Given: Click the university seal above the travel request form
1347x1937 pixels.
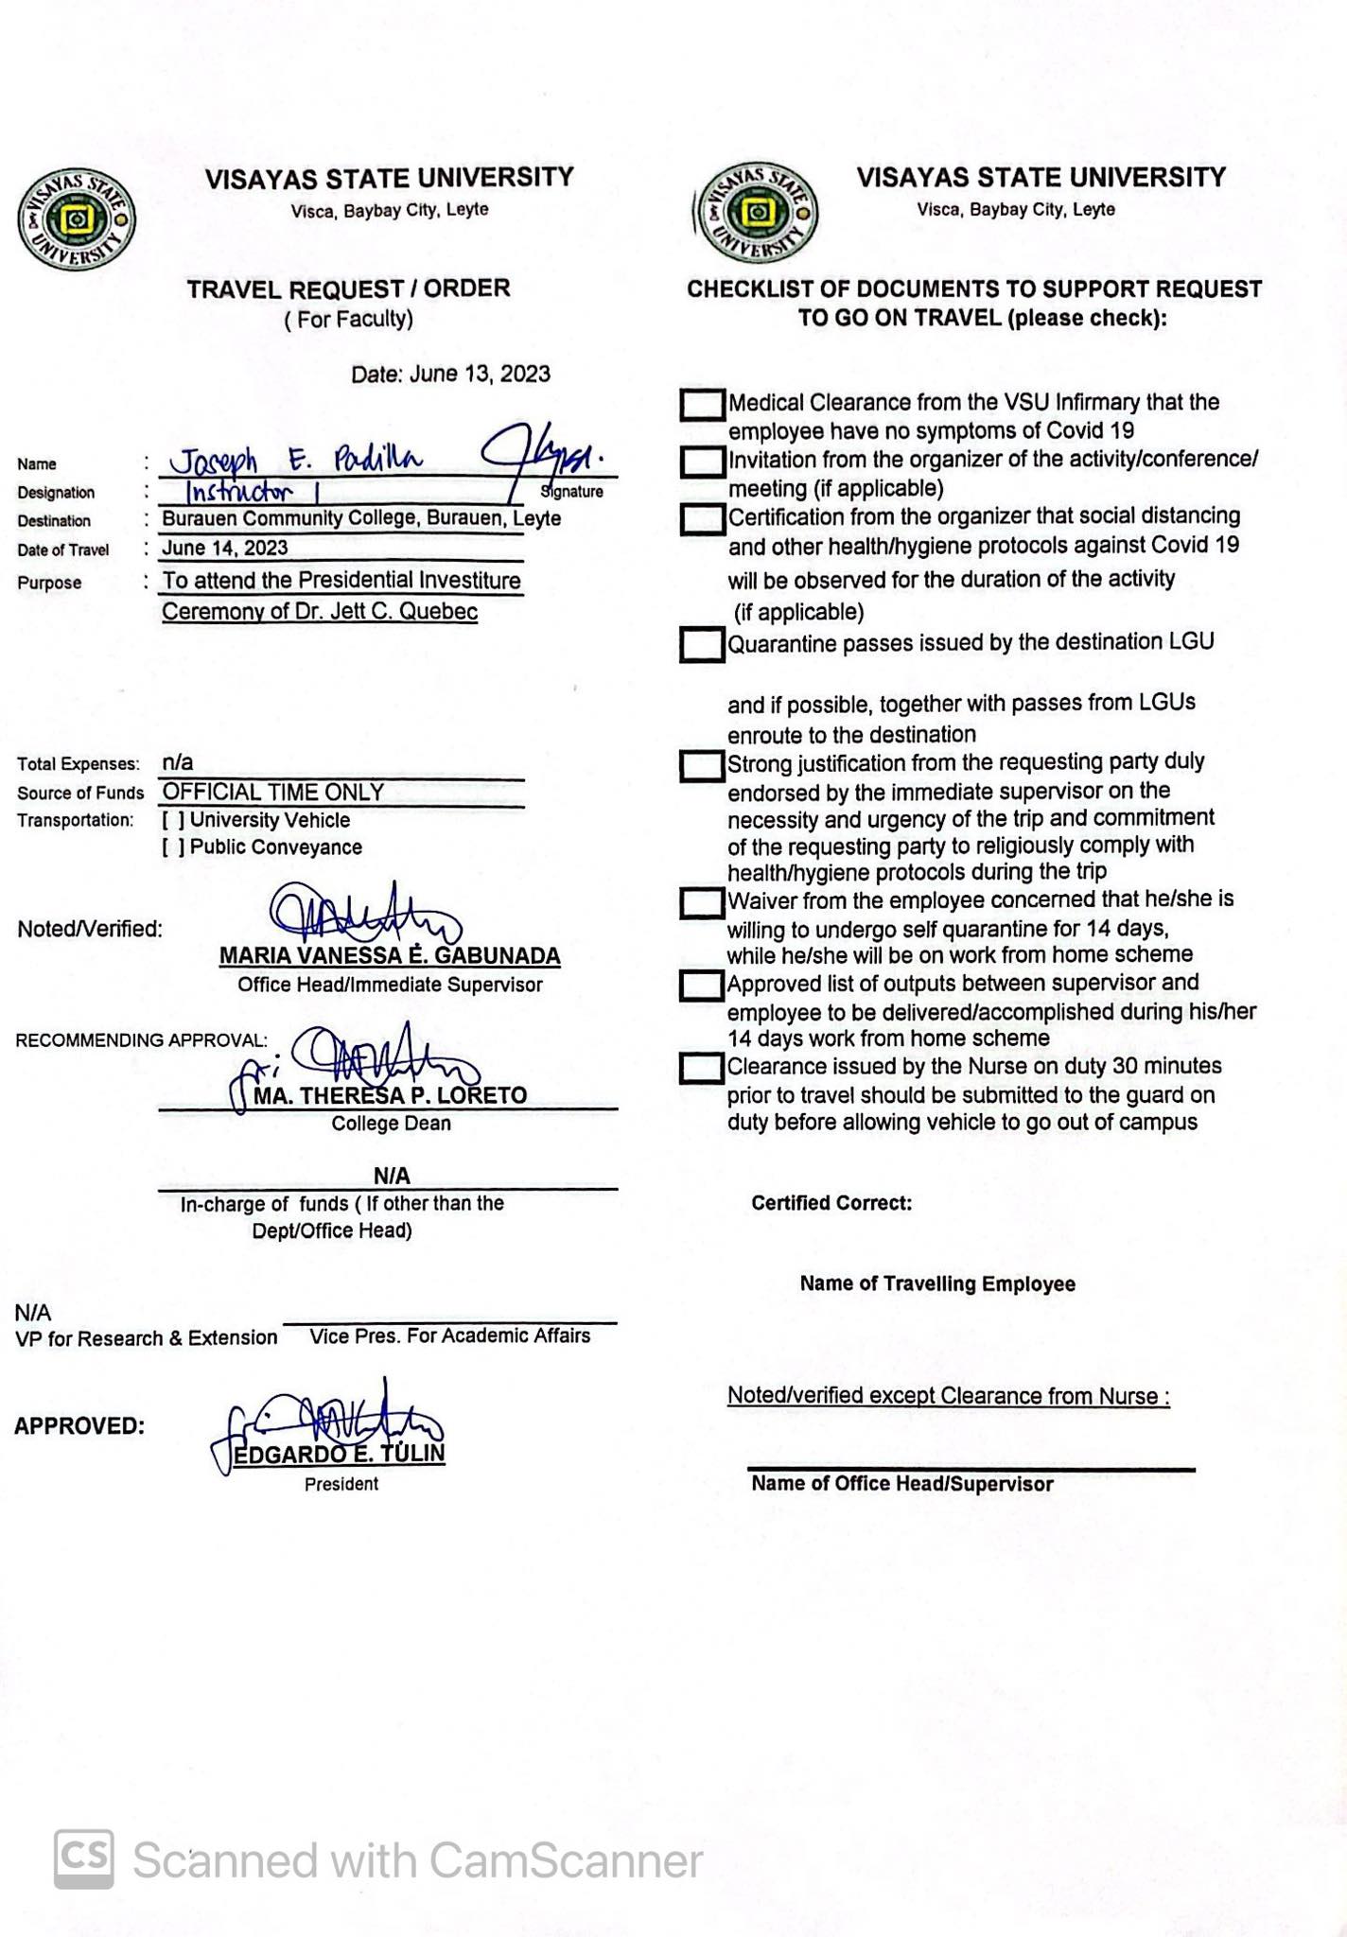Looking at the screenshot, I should click(x=77, y=220).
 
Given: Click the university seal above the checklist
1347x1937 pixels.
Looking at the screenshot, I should click(x=756, y=215).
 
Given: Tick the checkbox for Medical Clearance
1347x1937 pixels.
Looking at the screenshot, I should click(x=702, y=405).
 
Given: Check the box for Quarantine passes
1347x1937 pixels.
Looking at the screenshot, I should click(x=702, y=645).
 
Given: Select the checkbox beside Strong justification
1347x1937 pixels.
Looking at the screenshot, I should click(x=702, y=765).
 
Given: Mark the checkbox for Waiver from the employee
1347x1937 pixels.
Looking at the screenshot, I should click(x=702, y=902).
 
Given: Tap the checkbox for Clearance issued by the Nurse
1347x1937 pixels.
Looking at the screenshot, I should click(x=702, y=1069).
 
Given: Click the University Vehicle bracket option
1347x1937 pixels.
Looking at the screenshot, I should click(x=173, y=821).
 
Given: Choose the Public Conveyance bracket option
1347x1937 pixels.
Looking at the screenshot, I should click(x=173, y=847).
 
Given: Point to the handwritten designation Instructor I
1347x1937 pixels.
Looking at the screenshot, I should click(x=240, y=492).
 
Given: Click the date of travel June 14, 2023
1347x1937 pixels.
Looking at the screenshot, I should click(x=225, y=548).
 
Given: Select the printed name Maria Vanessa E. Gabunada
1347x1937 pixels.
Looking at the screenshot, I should click(x=390, y=956).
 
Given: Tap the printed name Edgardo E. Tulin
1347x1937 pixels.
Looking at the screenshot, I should click(x=339, y=1454).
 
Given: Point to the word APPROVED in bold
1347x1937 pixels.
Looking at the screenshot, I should click(x=79, y=1426).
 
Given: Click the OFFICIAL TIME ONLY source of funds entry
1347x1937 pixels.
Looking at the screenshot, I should click(x=273, y=793).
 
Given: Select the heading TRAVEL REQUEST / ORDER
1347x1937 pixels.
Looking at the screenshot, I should click(x=348, y=289).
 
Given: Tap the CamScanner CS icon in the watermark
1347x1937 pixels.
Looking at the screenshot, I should click(x=84, y=1859).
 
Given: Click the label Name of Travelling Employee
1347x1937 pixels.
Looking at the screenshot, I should click(x=936, y=1283).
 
